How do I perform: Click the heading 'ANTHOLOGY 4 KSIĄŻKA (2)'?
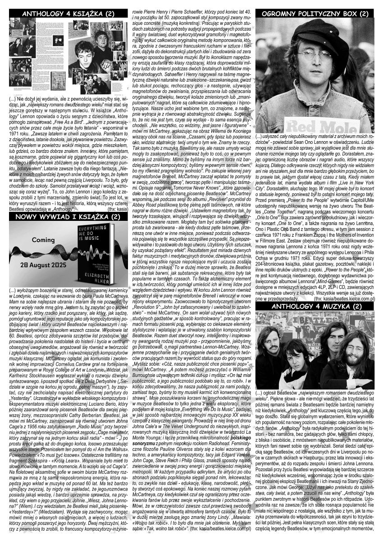click(x=68, y=14)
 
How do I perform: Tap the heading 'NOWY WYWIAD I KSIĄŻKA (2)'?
click(x=68, y=217)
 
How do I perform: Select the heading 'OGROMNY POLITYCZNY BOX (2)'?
click(x=315, y=14)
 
